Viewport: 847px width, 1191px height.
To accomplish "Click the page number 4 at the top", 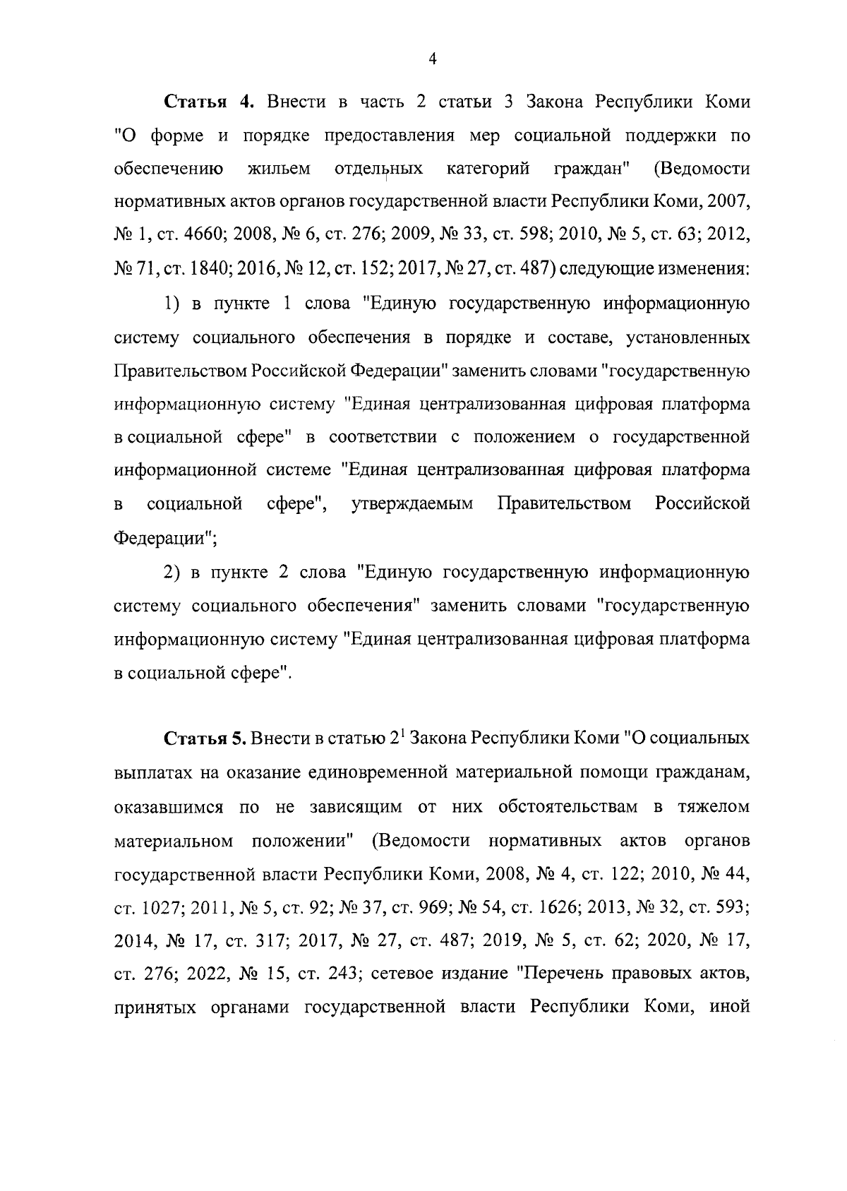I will point(433,60).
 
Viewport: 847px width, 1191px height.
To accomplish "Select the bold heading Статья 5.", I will point(204,739).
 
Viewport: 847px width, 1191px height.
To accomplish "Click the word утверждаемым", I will point(412,504).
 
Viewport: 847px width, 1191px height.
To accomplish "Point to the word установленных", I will point(683,337).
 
